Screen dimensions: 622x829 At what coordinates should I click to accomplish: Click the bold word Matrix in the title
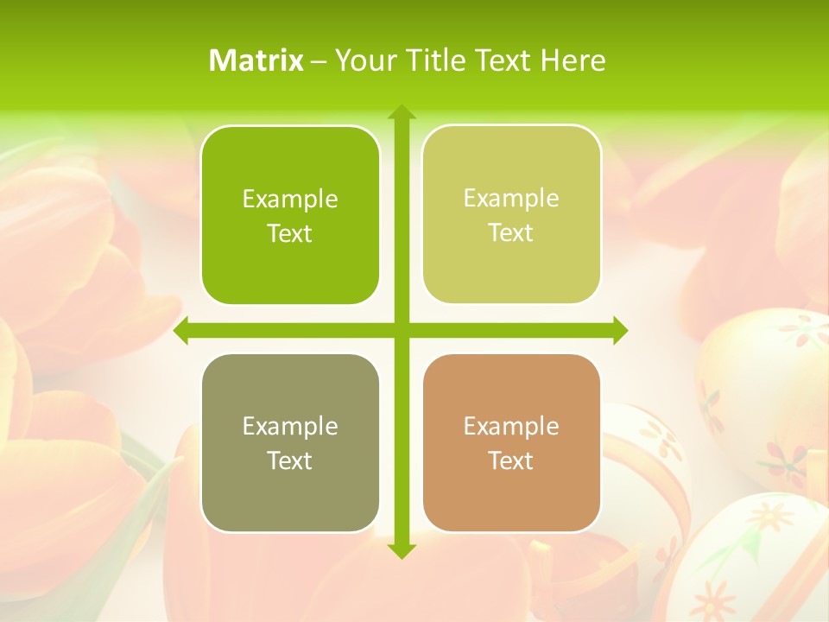(256, 60)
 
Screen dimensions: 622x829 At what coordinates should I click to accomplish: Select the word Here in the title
(573, 60)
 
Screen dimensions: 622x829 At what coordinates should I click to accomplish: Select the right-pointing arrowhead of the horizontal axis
(619, 331)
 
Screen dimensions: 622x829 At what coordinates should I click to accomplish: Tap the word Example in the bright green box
(290, 200)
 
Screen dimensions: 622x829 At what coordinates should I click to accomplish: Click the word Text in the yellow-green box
(511, 233)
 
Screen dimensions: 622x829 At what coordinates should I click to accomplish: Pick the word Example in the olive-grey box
(290, 427)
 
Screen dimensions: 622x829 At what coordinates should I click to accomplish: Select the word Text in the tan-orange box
(511, 461)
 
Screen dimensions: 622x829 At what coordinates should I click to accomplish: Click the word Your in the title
(362, 60)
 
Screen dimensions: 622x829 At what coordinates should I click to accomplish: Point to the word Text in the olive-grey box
(290, 461)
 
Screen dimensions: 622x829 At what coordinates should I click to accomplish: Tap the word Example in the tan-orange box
(511, 427)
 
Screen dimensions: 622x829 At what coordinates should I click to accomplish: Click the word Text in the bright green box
(290, 234)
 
